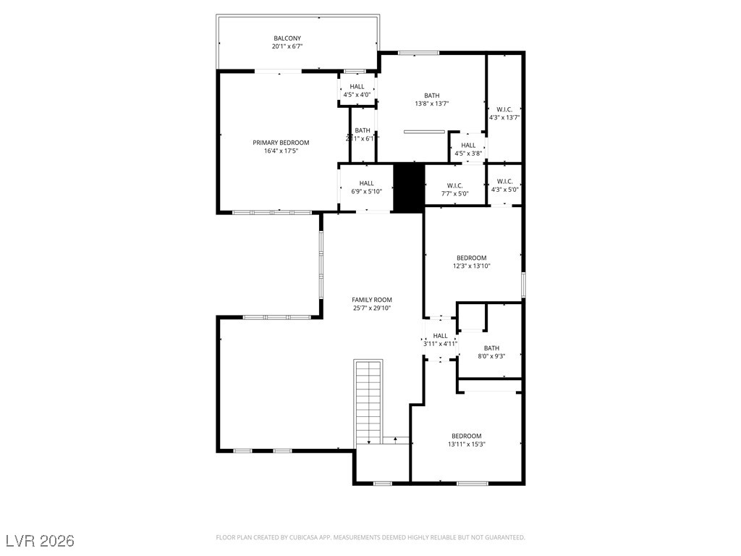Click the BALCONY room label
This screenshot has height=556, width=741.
[287, 38]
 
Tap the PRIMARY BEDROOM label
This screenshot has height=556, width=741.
[281, 143]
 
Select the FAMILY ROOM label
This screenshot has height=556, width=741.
[372, 300]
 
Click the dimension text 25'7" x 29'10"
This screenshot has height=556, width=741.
[372, 308]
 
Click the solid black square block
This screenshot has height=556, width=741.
[408, 188]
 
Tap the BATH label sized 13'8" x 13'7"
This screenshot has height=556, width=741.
[431, 96]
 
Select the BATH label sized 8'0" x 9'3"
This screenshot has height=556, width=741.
[491, 348]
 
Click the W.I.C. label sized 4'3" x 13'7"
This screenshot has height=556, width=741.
[504, 109]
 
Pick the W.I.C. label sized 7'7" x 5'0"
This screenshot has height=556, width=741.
[454, 185]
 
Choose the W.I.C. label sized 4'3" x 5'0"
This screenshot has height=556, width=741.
[504, 181]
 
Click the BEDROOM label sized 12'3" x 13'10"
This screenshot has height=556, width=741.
[471, 258]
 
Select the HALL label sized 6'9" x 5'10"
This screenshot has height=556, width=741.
[367, 183]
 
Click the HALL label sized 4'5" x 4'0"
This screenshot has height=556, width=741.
[357, 86]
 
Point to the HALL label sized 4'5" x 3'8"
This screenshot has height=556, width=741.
[468, 145]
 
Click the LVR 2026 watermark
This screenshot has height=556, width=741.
[40, 541]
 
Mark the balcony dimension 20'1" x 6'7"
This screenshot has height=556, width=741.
[287, 46]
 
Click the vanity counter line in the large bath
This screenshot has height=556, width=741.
[424, 132]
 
